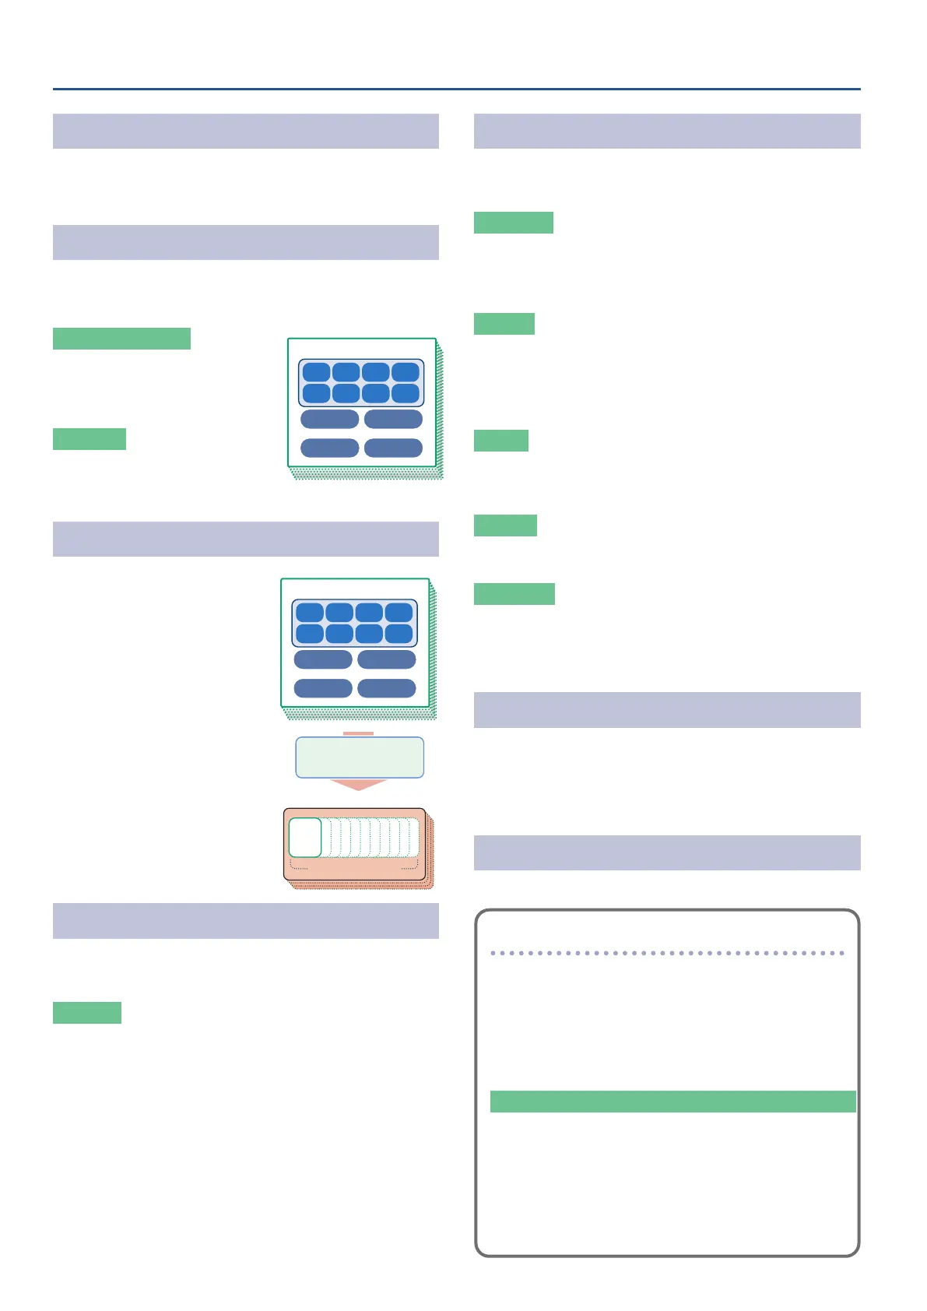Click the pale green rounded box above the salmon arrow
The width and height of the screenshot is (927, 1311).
coord(360,757)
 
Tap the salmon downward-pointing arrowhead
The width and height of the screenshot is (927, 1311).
coord(359,785)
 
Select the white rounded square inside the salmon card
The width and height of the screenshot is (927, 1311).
coord(305,838)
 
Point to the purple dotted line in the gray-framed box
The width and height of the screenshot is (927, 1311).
coord(667,953)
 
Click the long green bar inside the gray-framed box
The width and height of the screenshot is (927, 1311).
coord(672,1102)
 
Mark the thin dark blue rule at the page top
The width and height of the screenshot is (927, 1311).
coord(457,90)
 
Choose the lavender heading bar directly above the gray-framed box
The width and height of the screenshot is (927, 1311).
coord(667,852)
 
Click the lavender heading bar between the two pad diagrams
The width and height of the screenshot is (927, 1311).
coord(245,539)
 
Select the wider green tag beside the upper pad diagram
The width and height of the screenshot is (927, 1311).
coord(121,339)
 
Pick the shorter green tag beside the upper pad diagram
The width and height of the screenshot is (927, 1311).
coord(90,439)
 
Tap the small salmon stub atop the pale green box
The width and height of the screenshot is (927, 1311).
coord(359,733)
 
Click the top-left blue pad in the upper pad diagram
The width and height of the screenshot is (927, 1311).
coord(316,372)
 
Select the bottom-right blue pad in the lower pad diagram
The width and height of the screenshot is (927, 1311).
coord(399,634)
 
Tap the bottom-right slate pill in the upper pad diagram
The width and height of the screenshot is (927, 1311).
coord(393,448)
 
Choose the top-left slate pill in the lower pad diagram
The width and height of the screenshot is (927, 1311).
coord(323,659)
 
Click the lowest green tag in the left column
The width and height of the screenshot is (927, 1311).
coord(87,1013)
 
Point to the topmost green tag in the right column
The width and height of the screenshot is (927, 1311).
coord(514,223)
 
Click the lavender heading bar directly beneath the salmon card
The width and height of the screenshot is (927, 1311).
coord(245,921)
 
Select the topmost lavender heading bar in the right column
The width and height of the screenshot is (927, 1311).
coord(667,131)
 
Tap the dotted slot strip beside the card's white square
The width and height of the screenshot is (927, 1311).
coord(370,838)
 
